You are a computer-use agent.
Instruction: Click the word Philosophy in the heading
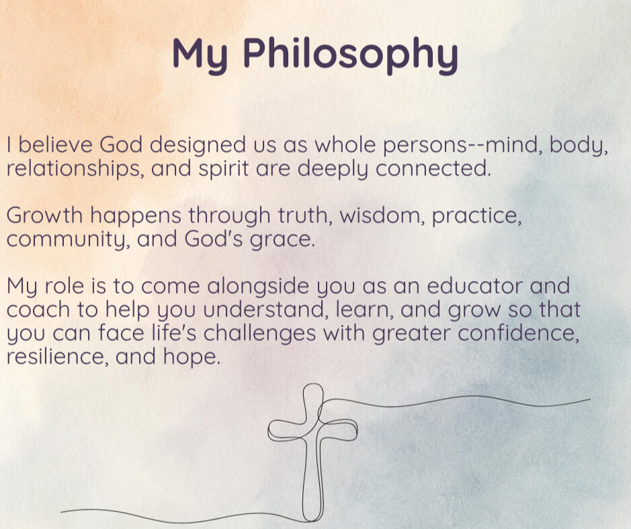click(x=351, y=54)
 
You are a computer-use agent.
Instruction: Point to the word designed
click(x=198, y=146)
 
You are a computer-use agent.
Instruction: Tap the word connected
click(x=433, y=168)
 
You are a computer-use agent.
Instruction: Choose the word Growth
click(x=44, y=215)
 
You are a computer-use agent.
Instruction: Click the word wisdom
click(x=382, y=215)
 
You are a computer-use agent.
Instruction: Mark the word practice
click(x=476, y=216)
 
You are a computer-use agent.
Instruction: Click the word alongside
click(x=258, y=287)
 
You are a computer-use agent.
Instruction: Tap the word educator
click(x=474, y=286)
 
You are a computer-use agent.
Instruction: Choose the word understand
click(x=265, y=311)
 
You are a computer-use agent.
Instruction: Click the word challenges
click(x=259, y=334)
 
